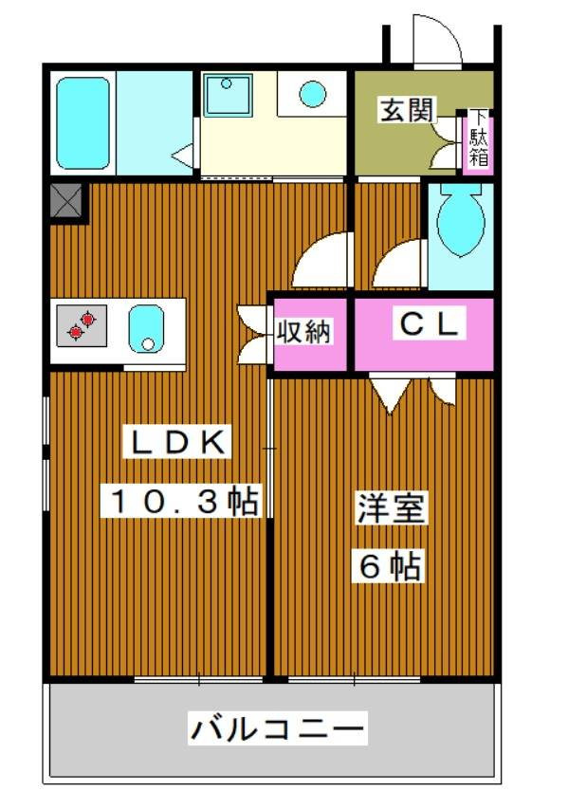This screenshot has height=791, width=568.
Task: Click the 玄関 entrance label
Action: point(407,110)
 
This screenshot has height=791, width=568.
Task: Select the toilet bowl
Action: point(461,220)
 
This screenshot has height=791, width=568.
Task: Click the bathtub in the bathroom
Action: point(82,123)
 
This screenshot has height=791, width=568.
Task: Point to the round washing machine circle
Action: point(313,94)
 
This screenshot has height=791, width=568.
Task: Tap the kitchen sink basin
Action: point(146,329)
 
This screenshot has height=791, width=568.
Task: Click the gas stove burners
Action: point(82,325)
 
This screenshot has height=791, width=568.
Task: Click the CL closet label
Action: point(430,324)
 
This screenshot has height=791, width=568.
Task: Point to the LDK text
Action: point(177,441)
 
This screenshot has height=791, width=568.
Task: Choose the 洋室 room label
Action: point(392,507)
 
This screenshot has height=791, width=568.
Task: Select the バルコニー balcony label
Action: point(277,728)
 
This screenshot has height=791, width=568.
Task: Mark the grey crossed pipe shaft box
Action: point(66,200)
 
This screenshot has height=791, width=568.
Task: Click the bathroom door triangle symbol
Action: point(183,155)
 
